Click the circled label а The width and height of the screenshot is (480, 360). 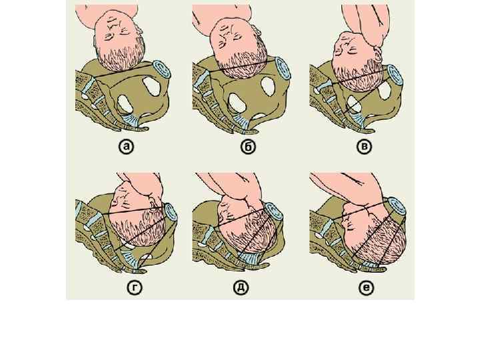point(126,147)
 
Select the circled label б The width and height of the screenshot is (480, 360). point(248,147)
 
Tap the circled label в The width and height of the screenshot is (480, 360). point(364,146)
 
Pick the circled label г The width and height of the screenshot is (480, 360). point(135,287)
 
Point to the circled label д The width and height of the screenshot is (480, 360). point(241,287)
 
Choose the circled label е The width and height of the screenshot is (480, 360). point(366,287)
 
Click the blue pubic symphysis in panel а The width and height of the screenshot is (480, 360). point(161,71)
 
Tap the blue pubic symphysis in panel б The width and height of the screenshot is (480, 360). point(283,68)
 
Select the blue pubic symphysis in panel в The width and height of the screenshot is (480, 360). point(394,75)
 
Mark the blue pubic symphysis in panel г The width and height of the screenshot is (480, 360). point(171,212)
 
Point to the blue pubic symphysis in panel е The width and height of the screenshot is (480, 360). point(397,207)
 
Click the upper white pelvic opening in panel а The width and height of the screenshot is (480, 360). point(151,86)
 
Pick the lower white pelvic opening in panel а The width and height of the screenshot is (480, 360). point(125,103)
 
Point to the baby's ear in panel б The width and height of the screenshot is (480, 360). point(258,31)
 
